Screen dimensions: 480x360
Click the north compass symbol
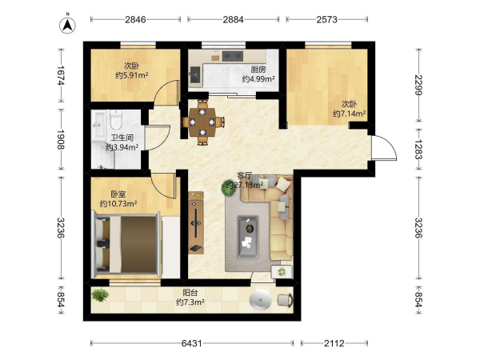(x=67, y=25)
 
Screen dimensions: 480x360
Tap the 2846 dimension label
(x=135, y=19)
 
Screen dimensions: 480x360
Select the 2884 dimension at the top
(x=233, y=19)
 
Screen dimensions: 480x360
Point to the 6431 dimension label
(x=192, y=343)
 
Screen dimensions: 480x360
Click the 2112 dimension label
(x=334, y=343)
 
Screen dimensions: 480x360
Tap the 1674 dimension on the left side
(x=61, y=76)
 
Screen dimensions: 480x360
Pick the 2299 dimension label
(x=418, y=85)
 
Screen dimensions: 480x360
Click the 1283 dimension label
(x=418, y=149)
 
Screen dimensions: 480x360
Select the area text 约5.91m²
(x=132, y=75)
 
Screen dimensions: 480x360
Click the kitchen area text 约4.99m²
(x=258, y=79)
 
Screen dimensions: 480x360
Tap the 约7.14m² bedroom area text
(x=350, y=114)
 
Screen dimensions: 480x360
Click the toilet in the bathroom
(x=116, y=120)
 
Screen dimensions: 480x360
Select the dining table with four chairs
(x=202, y=122)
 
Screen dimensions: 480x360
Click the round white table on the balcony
(x=260, y=300)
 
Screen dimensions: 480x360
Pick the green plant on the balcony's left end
(x=100, y=294)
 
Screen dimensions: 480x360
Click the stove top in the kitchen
(x=233, y=56)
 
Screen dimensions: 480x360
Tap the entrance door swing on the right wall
(x=384, y=147)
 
